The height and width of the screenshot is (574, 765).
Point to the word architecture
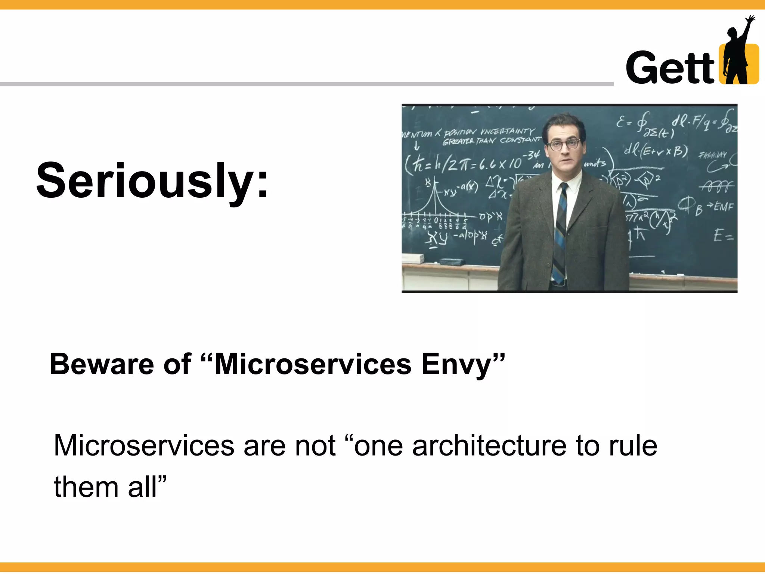489,446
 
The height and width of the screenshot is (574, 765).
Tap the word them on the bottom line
86,487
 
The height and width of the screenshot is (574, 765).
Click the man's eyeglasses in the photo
564,145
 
